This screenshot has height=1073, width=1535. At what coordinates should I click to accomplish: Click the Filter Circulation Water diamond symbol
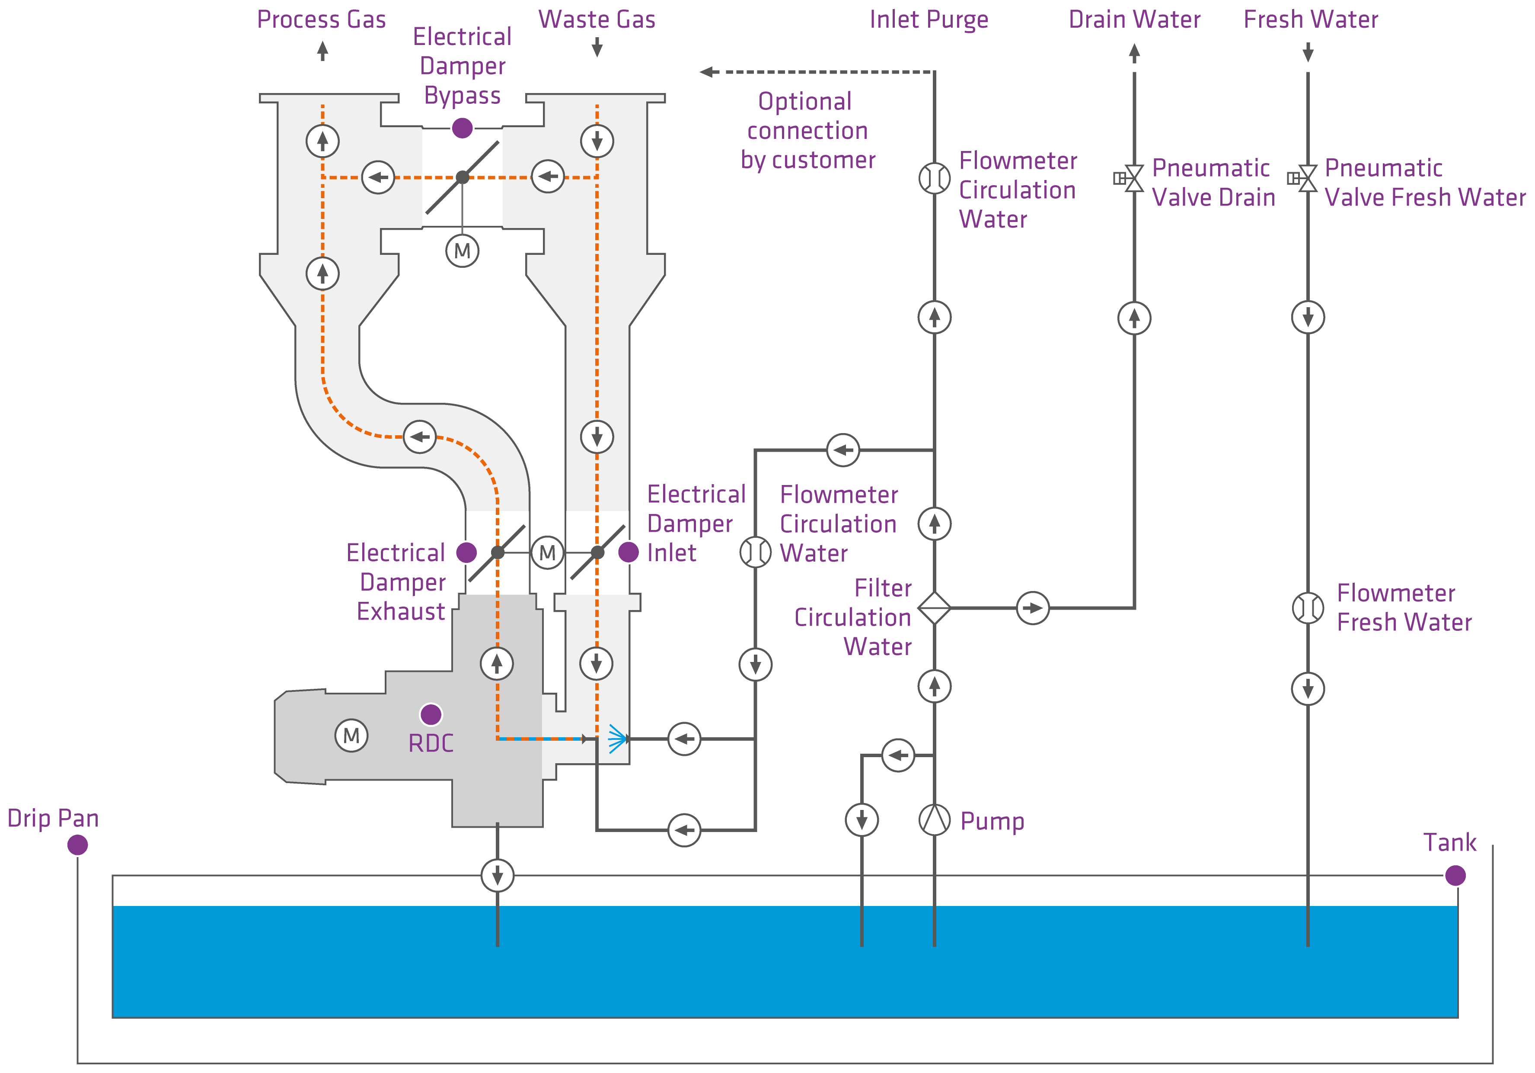coord(934,607)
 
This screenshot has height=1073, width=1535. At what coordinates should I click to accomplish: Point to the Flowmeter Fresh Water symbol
coord(1308,607)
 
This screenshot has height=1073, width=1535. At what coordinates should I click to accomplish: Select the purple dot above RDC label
coord(431,714)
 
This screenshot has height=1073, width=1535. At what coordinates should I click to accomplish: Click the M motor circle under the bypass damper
coord(462,251)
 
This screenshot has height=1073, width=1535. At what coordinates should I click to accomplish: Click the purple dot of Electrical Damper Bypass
coord(462,127)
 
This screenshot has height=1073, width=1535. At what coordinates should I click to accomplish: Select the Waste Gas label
coord(597,19)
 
